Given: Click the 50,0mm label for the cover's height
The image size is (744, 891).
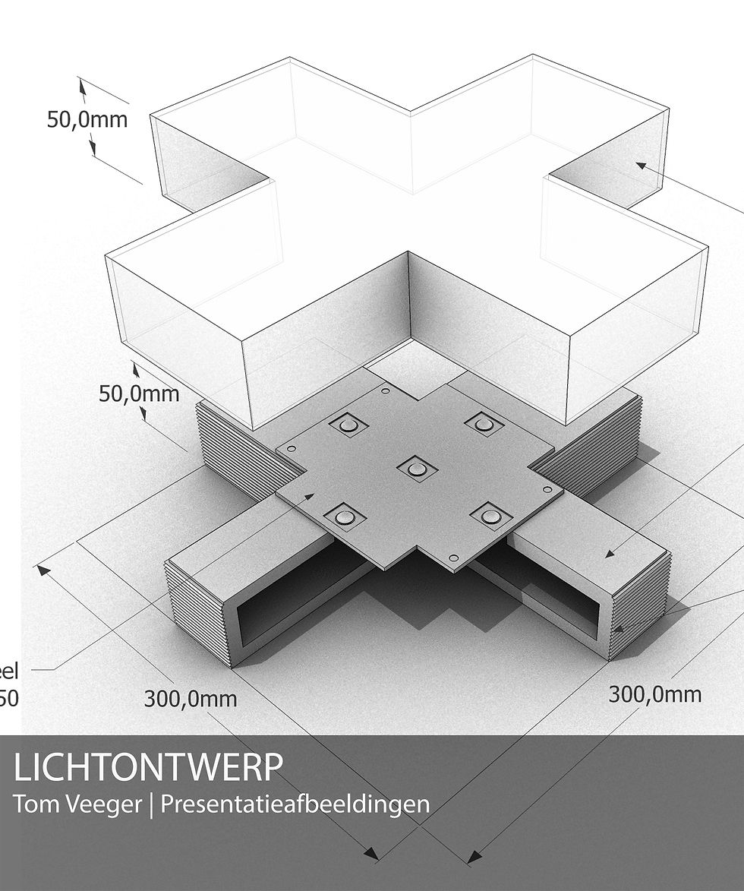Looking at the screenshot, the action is pos(87,119).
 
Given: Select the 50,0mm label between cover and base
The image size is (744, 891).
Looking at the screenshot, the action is pos(139,393).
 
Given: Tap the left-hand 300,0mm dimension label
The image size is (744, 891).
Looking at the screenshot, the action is pos(190,697).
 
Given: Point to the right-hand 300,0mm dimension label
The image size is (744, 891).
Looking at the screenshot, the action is pos(654,694).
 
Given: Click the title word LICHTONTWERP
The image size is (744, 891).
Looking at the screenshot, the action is pos(148,768).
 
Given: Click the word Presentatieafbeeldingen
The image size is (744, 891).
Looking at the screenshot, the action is pos(295,804).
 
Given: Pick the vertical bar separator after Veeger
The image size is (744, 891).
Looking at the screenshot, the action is pos(151,804).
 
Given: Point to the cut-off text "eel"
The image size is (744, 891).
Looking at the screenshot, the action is pos(9,671).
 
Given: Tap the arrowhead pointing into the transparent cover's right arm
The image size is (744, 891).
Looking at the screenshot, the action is pos(641,164).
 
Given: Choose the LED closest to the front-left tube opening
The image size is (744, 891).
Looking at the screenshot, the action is pos(345,518).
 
